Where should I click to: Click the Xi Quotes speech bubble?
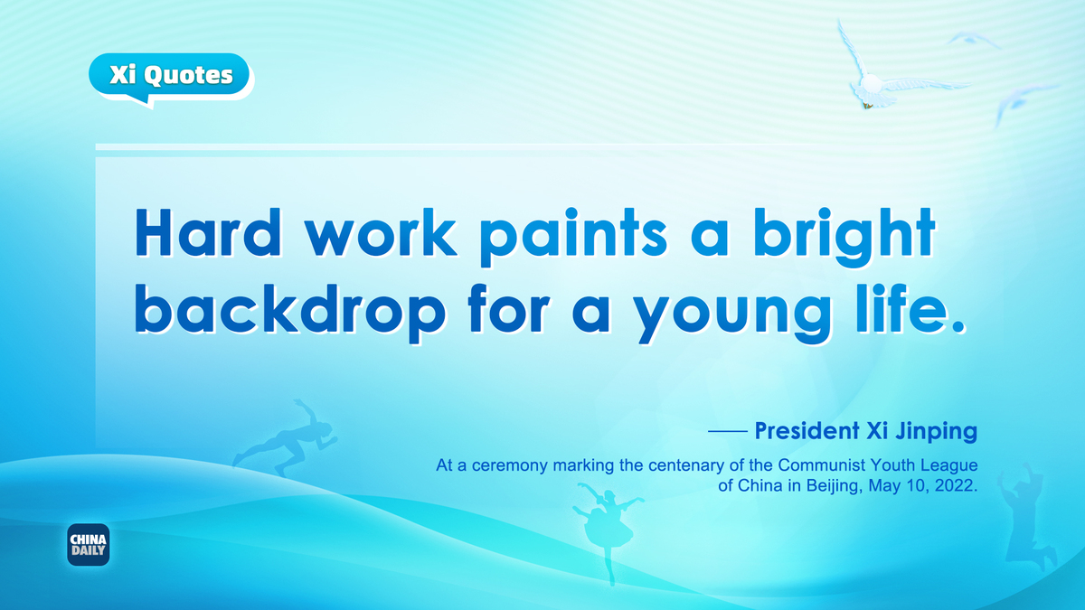coord(169,78)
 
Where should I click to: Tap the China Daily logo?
coord(89,545)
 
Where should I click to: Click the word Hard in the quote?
coord(207,232)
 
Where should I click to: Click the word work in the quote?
coord(381,232)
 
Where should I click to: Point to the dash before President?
coord(728,430)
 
